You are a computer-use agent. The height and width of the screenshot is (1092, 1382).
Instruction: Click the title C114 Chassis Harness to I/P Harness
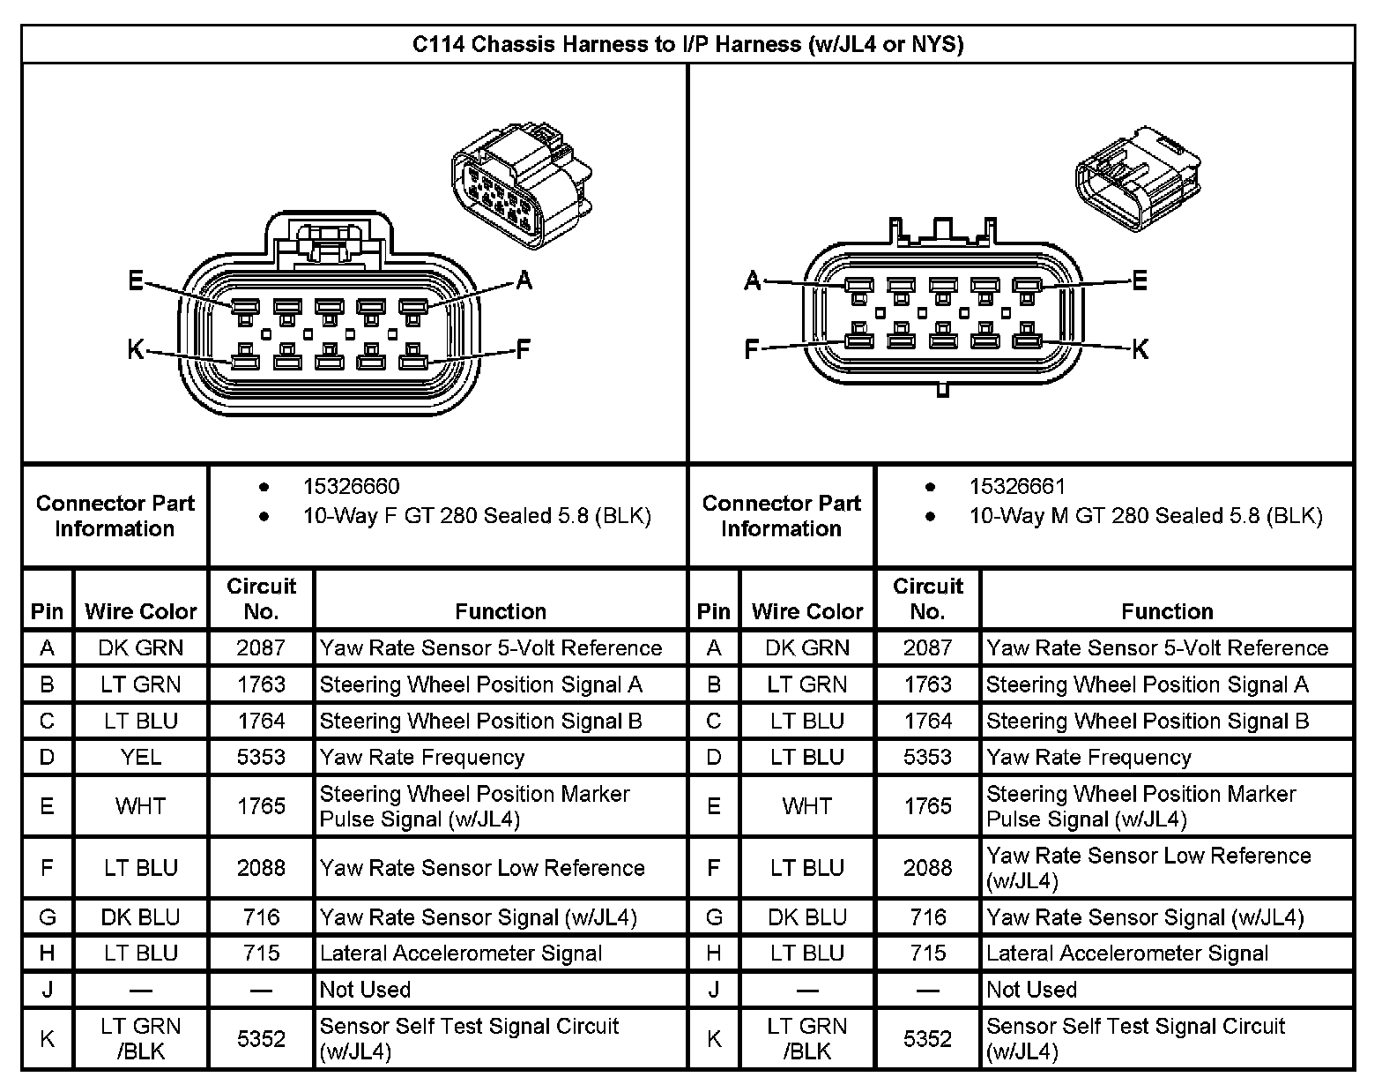(687, 44)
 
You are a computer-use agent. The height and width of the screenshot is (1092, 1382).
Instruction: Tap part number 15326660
(351, 486)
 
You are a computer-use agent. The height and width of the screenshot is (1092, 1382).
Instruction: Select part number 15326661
(1017, 486)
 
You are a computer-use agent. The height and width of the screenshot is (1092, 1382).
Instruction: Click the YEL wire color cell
(141, 757)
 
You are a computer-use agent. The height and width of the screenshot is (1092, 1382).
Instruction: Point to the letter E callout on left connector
(136, 281)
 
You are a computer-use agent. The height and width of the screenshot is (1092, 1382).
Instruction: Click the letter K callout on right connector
(1140, 349)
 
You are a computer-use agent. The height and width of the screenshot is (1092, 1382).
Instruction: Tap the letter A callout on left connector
(524, 280)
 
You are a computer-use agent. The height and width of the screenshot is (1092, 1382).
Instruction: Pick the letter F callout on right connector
(751, 350)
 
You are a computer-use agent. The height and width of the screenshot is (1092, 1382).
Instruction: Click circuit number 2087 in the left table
(261, 648)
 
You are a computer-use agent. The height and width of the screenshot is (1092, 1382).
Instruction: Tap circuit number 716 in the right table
(927, 917)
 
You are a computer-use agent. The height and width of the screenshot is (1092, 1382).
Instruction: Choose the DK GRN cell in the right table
(807, 648)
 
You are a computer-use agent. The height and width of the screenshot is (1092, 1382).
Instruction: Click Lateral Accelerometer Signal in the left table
(461, 954)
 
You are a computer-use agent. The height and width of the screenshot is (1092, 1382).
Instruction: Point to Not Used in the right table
(1031, 990)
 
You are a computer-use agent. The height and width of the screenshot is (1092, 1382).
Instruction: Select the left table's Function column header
(501, 611)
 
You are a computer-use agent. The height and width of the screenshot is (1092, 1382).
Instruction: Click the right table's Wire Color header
(807, 611)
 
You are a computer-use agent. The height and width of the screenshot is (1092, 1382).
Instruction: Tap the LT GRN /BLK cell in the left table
(141, 1038)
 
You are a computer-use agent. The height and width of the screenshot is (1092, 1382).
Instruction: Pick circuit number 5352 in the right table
(927, 1039)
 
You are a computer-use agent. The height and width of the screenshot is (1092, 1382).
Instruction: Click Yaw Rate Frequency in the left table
(422, 757)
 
